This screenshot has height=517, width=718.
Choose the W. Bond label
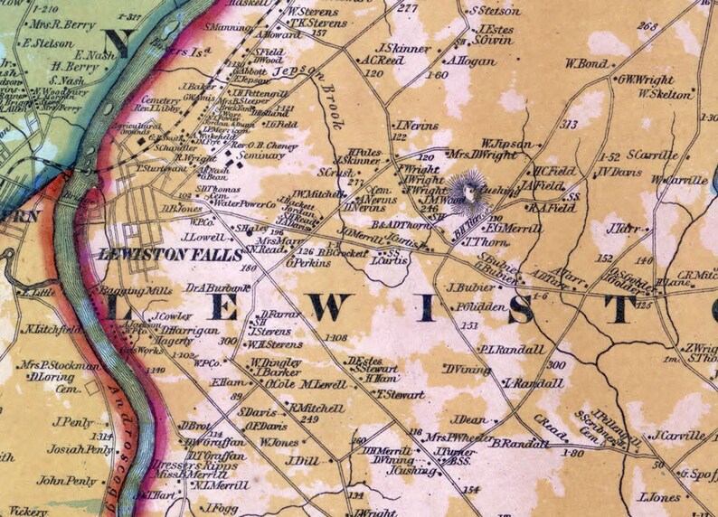pos(587,64)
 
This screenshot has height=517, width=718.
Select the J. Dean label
pos(469,419)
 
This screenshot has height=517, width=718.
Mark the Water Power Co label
pos(244,204)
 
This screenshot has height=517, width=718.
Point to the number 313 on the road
pos(569,125)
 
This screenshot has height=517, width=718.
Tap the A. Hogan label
pos(470,61)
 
